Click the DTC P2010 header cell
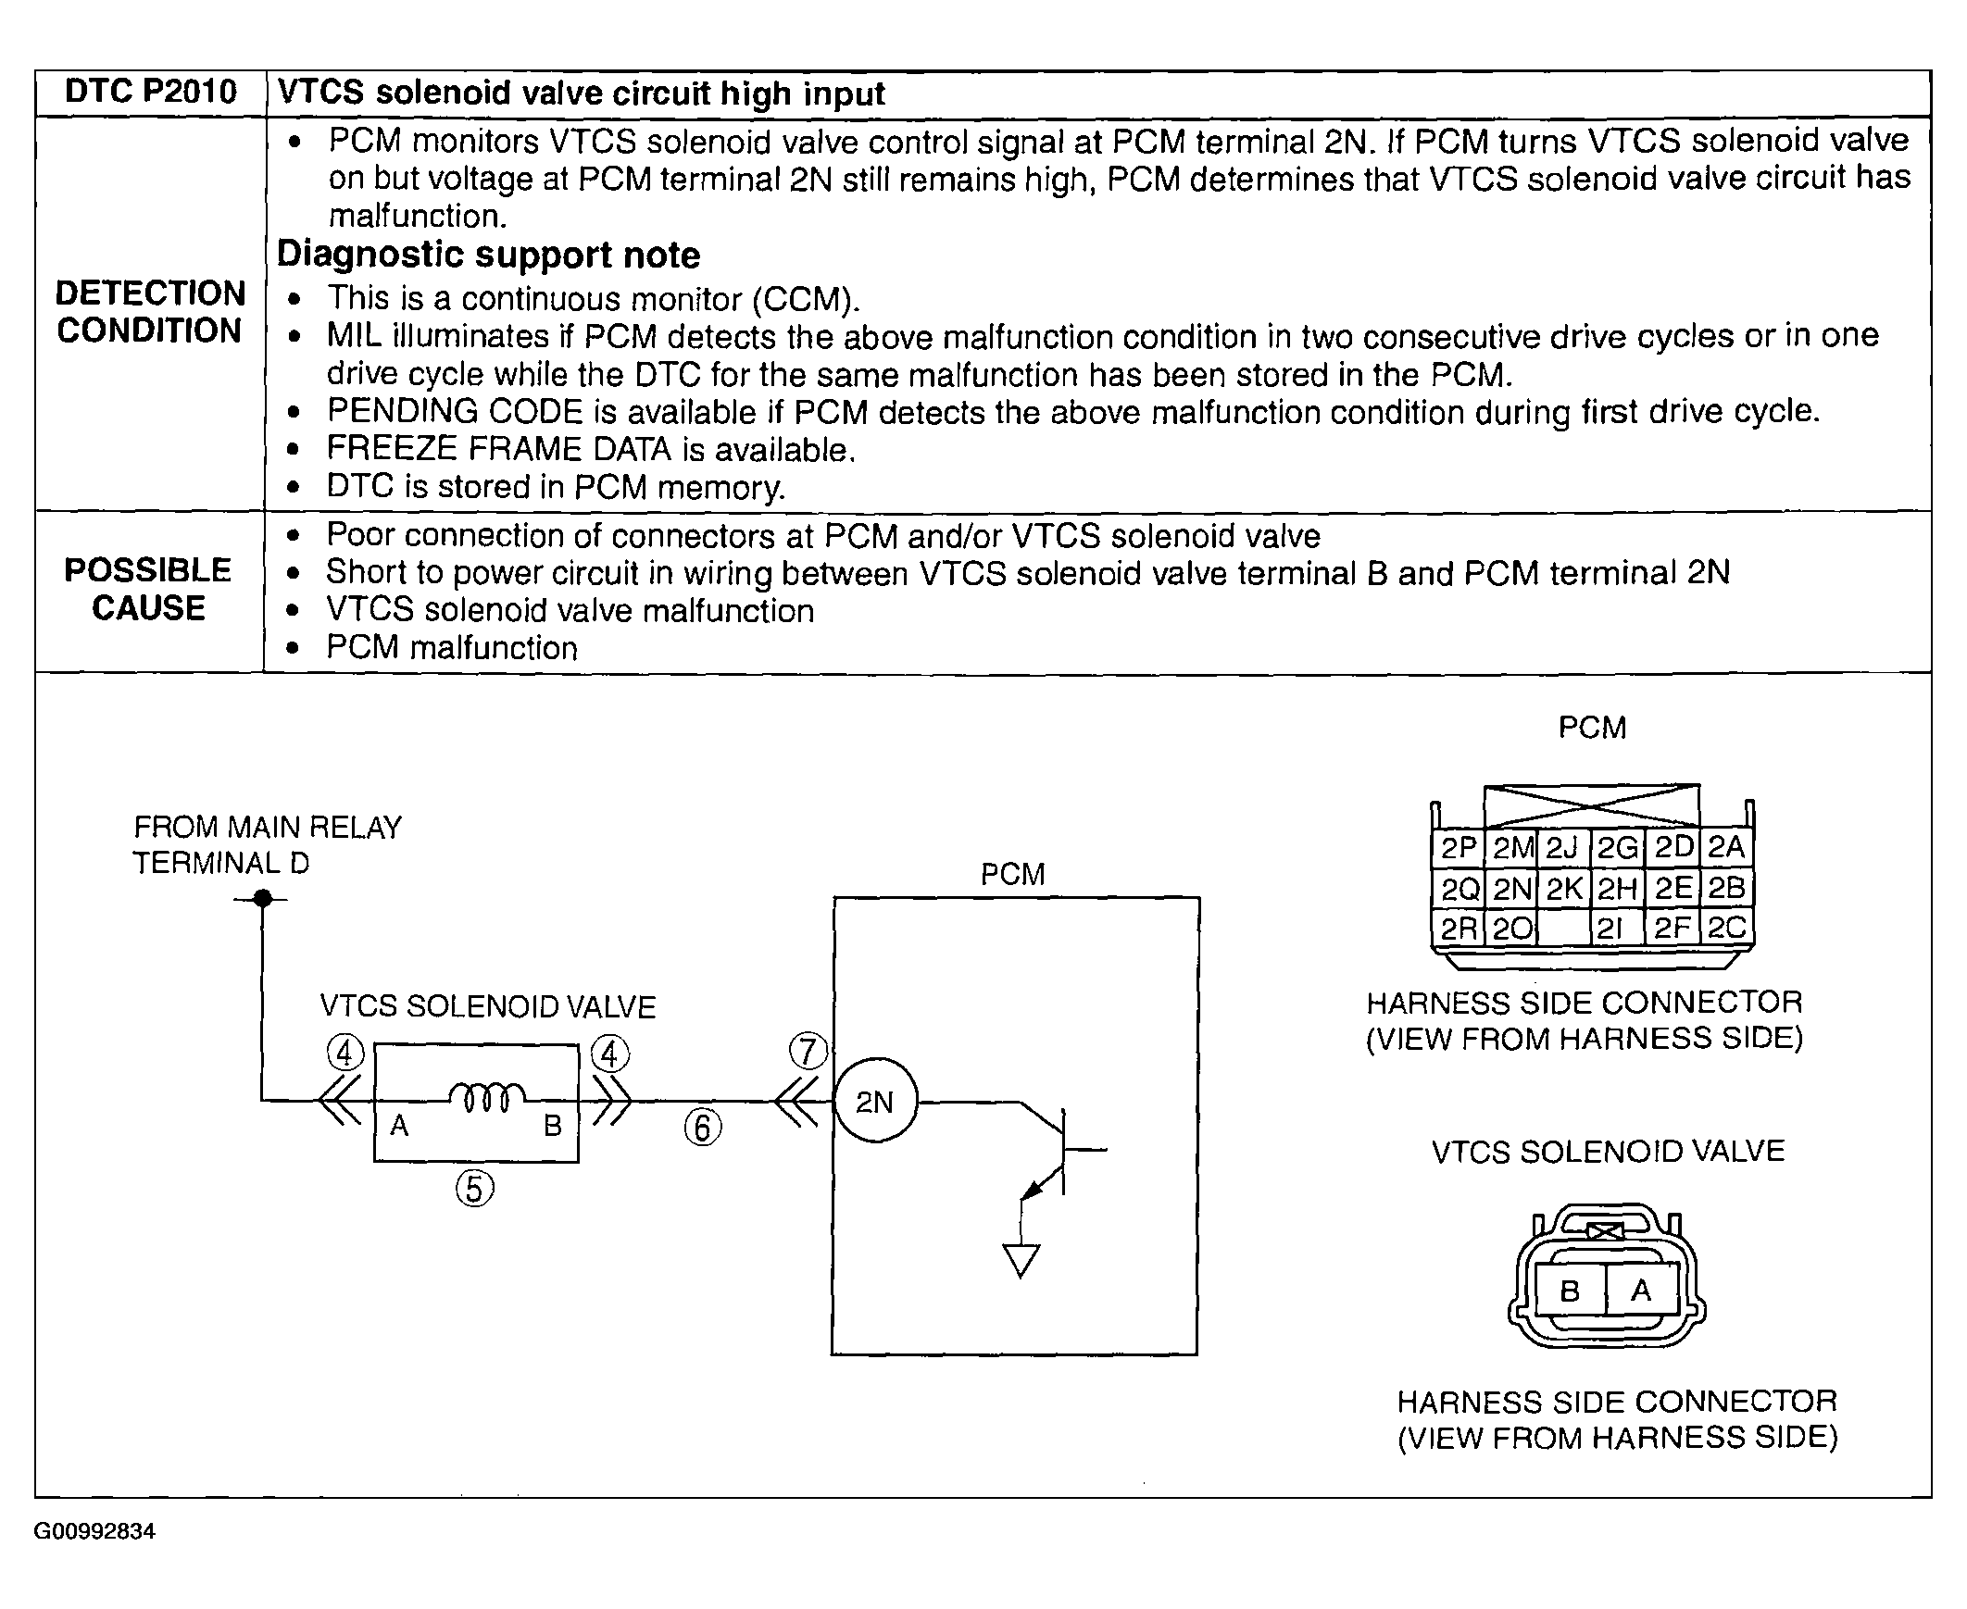pyautogui.click(x=150, y=92)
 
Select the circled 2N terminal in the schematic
pyautogui.click(x=875, y=1101)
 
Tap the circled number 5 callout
pyautogui.click(x=474, y=1188)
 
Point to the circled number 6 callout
pyautogui.click(x=703, y=1128)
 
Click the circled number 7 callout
pyautogui.click(x=808, y=1052)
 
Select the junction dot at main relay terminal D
pyautogui.click(x=263, y=898)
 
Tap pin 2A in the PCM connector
pyautogui.click(x=1726, y=847)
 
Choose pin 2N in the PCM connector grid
pyautogui.click(x=1512, y=889)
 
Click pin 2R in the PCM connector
pyautogui.click(x=1458, y=928)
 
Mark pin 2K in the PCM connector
pyautogui.click(x=1565, y=889)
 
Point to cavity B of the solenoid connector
pyautogui.click(x=1571, y=1291)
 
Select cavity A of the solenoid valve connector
pyautogui.click(x=1641, y=1291)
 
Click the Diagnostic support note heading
pyautogui.click(x=488, y=255)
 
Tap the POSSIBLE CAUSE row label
pyautogui.click(x=148, y=589)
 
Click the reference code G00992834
pyautogui.click(x=94, y=1531)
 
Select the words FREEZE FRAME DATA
pyautogui.click(x=498, y=450)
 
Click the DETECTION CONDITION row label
pyautogui.click(x=150, y=311)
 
